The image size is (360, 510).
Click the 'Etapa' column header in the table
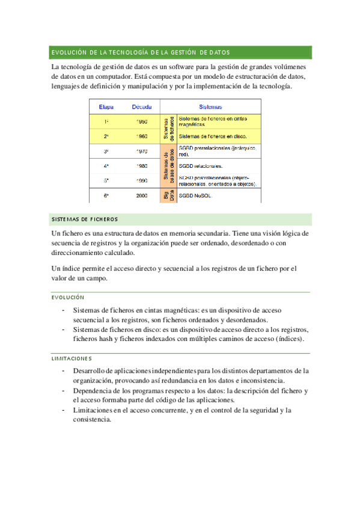coord(106,107)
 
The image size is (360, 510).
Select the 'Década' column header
coord(142,107)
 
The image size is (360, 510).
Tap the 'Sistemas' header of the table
coord(210,107)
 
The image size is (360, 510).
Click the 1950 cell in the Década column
coord(142,121)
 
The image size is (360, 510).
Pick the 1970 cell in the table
coord(142,152)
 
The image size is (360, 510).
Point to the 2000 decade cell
coord(142,195)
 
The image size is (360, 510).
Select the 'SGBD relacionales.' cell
coord(201,166)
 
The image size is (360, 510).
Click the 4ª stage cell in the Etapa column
coord(106,166)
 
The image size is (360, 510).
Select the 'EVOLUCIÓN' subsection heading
coord(68,298)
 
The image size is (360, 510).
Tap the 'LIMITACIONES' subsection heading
coord(72,358)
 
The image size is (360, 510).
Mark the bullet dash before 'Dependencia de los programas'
coord(64,390)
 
